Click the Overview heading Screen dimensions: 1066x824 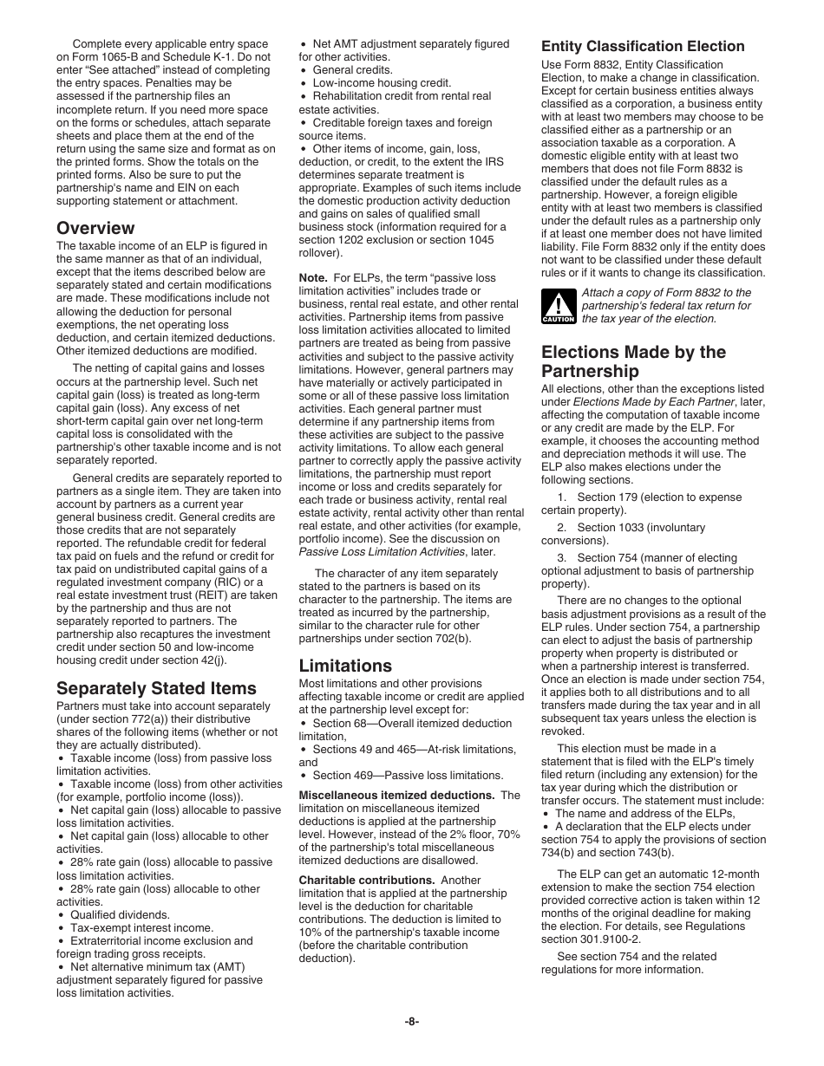pos(95,228)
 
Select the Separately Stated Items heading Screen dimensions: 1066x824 pos(156,688)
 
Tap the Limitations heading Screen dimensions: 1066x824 pos(345,666)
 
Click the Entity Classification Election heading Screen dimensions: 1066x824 pos(643,46)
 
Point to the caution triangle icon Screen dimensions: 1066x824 pos(558,306)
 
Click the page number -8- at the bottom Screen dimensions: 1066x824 pos(411,1022)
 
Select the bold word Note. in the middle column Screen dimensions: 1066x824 pos(313,278)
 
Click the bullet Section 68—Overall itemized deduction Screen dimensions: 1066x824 pos(412,723)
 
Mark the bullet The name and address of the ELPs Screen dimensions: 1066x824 pos(644,814)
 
